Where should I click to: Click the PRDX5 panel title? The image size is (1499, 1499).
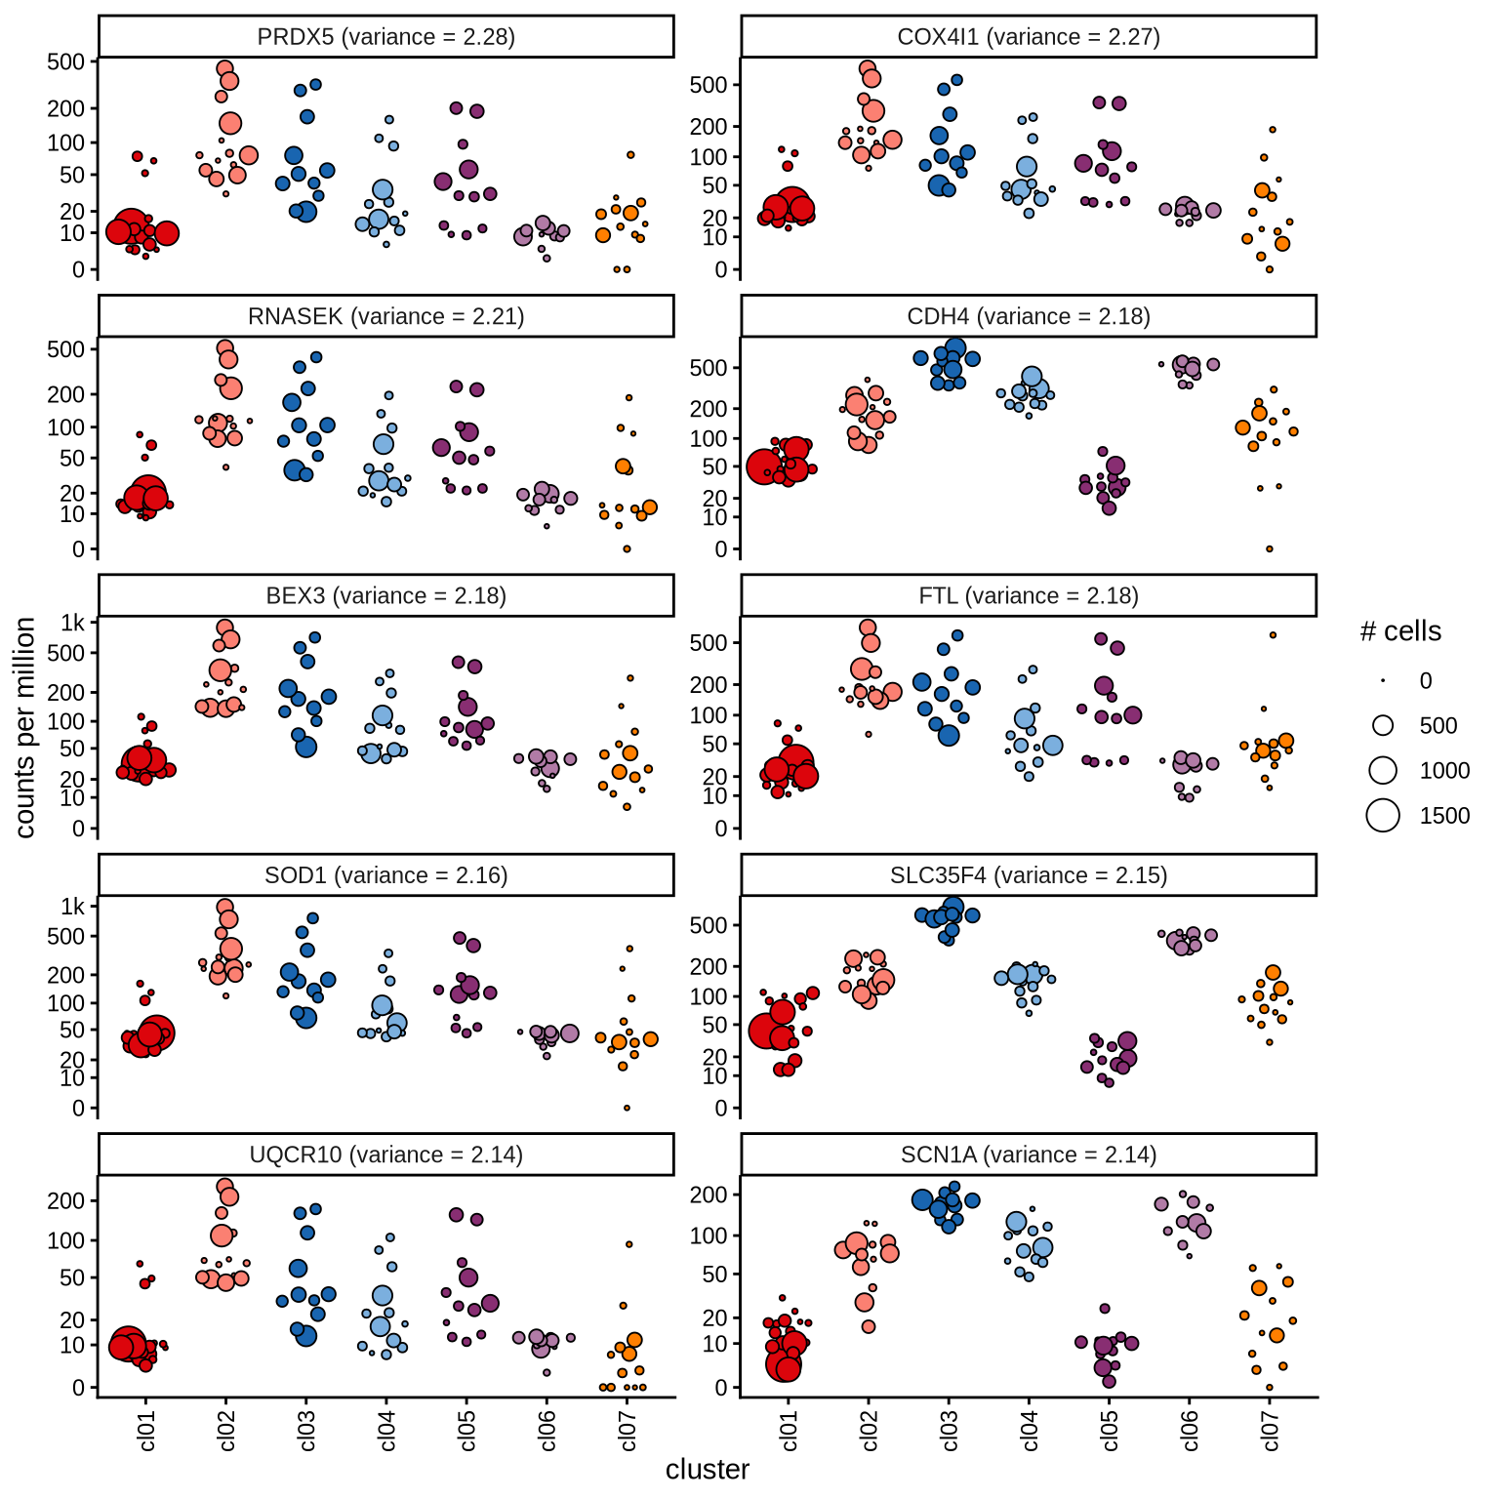[385, 37]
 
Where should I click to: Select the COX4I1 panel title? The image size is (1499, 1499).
[1028, 37]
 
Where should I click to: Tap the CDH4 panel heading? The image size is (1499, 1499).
[1028, 316]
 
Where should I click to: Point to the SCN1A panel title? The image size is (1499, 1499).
[1028, 1155]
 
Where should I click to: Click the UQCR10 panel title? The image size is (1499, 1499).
[385, 1155]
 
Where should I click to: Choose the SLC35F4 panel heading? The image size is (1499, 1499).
[1028, 875]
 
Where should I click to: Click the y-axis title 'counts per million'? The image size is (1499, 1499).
[25, 727]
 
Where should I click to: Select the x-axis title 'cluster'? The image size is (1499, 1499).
[708, 1470]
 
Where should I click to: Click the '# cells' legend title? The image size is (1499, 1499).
[1400, 631]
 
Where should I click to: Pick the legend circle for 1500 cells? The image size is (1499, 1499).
[1383, 815]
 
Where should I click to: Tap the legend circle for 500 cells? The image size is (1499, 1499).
[1383, 725]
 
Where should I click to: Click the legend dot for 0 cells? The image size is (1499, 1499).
[1383, 680]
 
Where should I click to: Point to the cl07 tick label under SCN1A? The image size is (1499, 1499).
[1270, 1431]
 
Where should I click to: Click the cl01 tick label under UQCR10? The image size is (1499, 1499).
[146, 1431]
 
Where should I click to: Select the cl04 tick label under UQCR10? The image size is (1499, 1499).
[387, 1431]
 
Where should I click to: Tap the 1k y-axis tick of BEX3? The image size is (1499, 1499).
[72, 623]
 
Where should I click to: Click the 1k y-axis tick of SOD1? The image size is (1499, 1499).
[72, 907]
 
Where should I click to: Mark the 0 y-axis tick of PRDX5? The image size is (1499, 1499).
[78, 269]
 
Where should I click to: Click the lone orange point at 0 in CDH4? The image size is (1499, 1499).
[1270, 549]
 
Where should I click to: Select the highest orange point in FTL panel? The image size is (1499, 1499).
[1273, 635]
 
